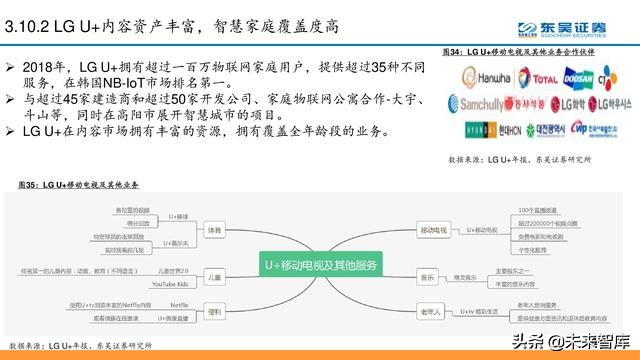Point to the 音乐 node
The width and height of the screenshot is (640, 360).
point(426,275)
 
